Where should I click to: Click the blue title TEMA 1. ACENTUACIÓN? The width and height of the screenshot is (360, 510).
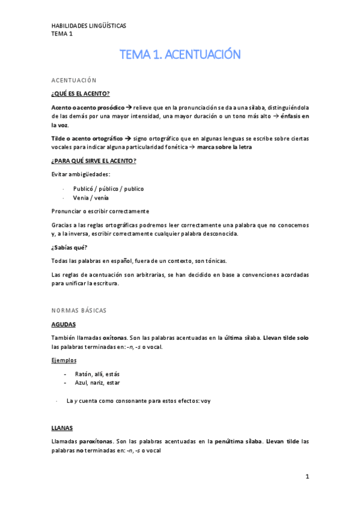180,55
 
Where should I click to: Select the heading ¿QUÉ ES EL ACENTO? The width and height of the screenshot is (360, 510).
81,94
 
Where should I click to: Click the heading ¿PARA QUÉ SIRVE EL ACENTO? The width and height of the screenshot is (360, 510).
94,161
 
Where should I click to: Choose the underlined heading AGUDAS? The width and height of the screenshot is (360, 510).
64,324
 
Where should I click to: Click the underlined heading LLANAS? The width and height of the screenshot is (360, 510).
62,428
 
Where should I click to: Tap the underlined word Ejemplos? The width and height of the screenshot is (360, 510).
64,360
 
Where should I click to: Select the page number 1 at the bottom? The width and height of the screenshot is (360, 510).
307,477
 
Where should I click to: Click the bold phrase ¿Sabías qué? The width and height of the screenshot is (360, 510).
70,247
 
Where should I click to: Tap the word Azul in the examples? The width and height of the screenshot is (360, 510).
81,382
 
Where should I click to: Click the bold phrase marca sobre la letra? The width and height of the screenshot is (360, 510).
225,147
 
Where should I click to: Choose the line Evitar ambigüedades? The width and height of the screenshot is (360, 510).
81,174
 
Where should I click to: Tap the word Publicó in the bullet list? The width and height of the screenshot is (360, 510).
84,188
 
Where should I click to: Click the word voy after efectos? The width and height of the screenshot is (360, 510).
205,401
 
